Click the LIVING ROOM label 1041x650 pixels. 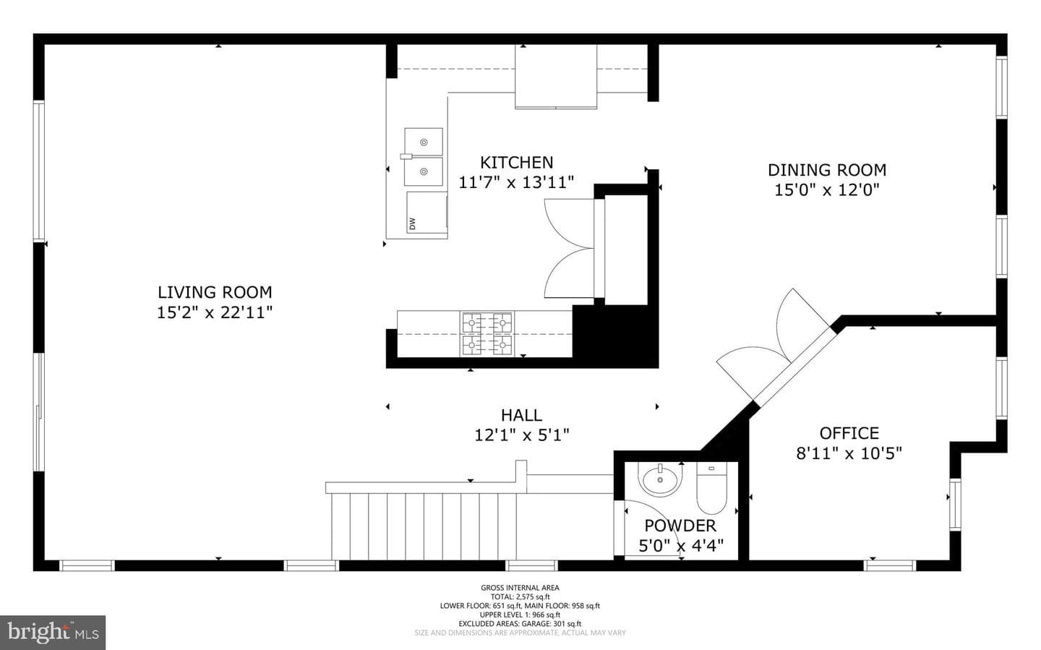coord(215,292)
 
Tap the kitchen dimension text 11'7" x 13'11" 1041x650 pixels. coord(516,182)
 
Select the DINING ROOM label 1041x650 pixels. coord(827,170)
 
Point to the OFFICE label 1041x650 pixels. coord(849,433)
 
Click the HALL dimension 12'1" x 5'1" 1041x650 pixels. coord(521,435)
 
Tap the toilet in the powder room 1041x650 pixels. coord(711,488)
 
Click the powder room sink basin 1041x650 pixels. coord(660,479)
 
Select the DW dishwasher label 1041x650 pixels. coord(412,223)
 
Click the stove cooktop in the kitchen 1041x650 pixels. coord(487,334)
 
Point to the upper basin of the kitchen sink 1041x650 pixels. coord(424,142)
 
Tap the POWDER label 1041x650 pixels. coord(680,526)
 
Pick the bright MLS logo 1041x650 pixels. coord(53,633)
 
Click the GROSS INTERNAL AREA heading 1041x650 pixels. coord(520,588)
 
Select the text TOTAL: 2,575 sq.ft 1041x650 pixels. coord(520,597)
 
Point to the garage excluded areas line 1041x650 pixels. coord(520,624)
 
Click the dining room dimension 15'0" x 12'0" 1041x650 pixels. coord(827,190)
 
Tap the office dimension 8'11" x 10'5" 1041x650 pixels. coord(849,453)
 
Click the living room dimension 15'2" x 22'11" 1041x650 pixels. coord(215,312)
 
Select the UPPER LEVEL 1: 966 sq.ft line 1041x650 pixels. coord(520,615)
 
